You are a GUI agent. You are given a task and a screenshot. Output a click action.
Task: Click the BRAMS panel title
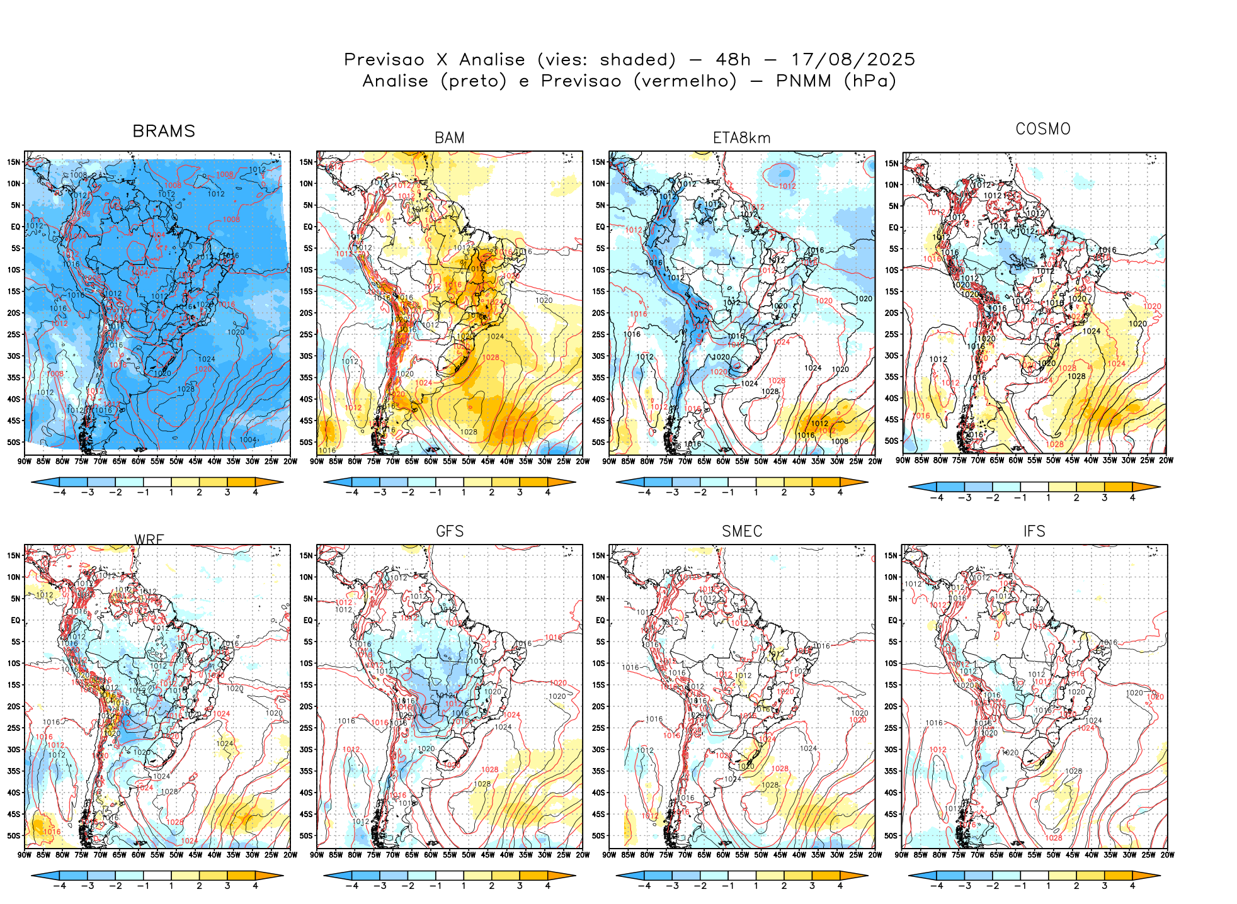[164, 131]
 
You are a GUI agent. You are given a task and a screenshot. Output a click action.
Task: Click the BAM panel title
[450, 138]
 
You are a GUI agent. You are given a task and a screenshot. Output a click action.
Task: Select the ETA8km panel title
[742, 138]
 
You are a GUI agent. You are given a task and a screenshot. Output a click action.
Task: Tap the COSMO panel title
[1043, 129]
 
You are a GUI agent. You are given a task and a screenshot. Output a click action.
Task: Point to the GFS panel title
[450, 531]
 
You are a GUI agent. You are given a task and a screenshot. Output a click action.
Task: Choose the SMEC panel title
[742, 531]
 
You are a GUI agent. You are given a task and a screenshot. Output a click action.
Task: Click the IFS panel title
[1034, 531]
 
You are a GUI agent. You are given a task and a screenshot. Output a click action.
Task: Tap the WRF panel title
[149, 540]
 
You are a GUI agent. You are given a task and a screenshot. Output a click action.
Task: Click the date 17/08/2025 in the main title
[853, 60]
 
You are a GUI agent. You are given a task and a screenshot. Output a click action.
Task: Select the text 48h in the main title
[733, 60]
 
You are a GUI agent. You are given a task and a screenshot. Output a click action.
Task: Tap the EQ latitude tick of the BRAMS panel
[16, 227]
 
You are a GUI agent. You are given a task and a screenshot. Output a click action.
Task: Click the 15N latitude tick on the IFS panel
[891, 556]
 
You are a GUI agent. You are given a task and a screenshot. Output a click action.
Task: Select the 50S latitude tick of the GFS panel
[307, 836]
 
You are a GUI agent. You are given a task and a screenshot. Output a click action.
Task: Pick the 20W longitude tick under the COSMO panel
[1166, 460]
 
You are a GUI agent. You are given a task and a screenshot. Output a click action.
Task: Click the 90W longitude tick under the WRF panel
[25, 855]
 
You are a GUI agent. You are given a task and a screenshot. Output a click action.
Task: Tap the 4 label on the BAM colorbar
[548, 492]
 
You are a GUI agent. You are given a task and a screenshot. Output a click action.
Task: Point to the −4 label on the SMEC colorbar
[644, 886]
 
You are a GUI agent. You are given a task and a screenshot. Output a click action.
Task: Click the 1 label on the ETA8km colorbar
[756, 492]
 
